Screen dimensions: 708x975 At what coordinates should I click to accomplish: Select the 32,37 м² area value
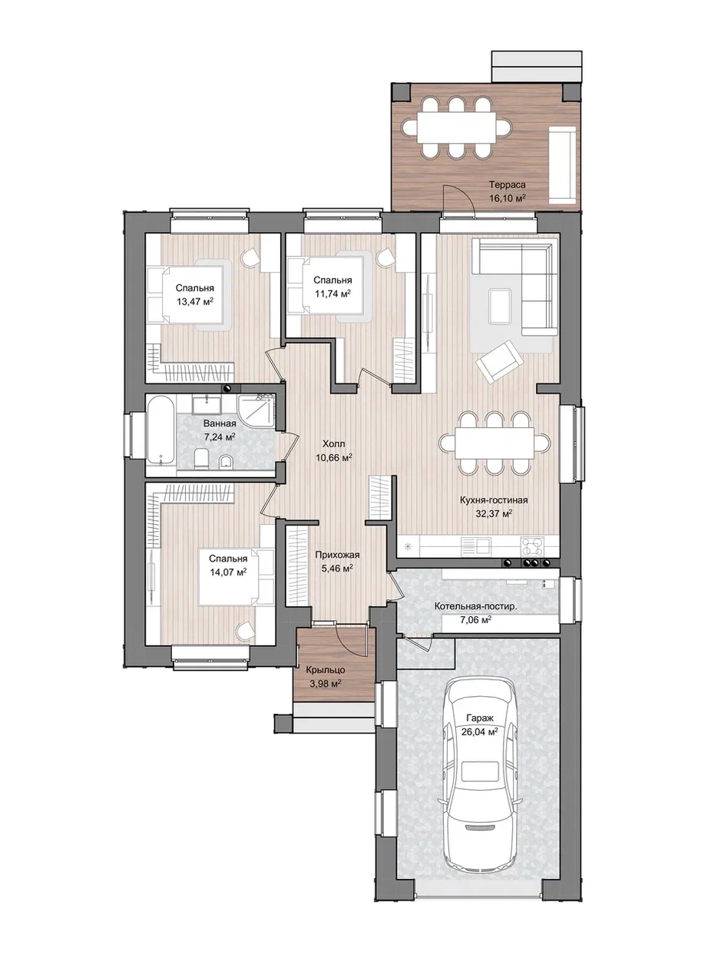click(x=494, y=514)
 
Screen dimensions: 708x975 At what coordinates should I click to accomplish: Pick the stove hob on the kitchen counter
click(x=532, y=546)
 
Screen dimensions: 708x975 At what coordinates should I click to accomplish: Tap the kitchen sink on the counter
click(x=475, y=546)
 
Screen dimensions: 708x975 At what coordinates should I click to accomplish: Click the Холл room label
click(x=334, y=443)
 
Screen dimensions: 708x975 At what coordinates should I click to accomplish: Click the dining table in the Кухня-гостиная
click(x=495, y=443)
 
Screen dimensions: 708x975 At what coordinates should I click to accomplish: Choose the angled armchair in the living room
click(x=499, y=361)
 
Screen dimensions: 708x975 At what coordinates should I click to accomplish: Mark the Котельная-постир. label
click(x=476, y=607)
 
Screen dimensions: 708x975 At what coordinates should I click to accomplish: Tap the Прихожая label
click(x=337, y=555)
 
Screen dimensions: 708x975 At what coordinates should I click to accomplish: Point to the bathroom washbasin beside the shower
click(x=207, y=404)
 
